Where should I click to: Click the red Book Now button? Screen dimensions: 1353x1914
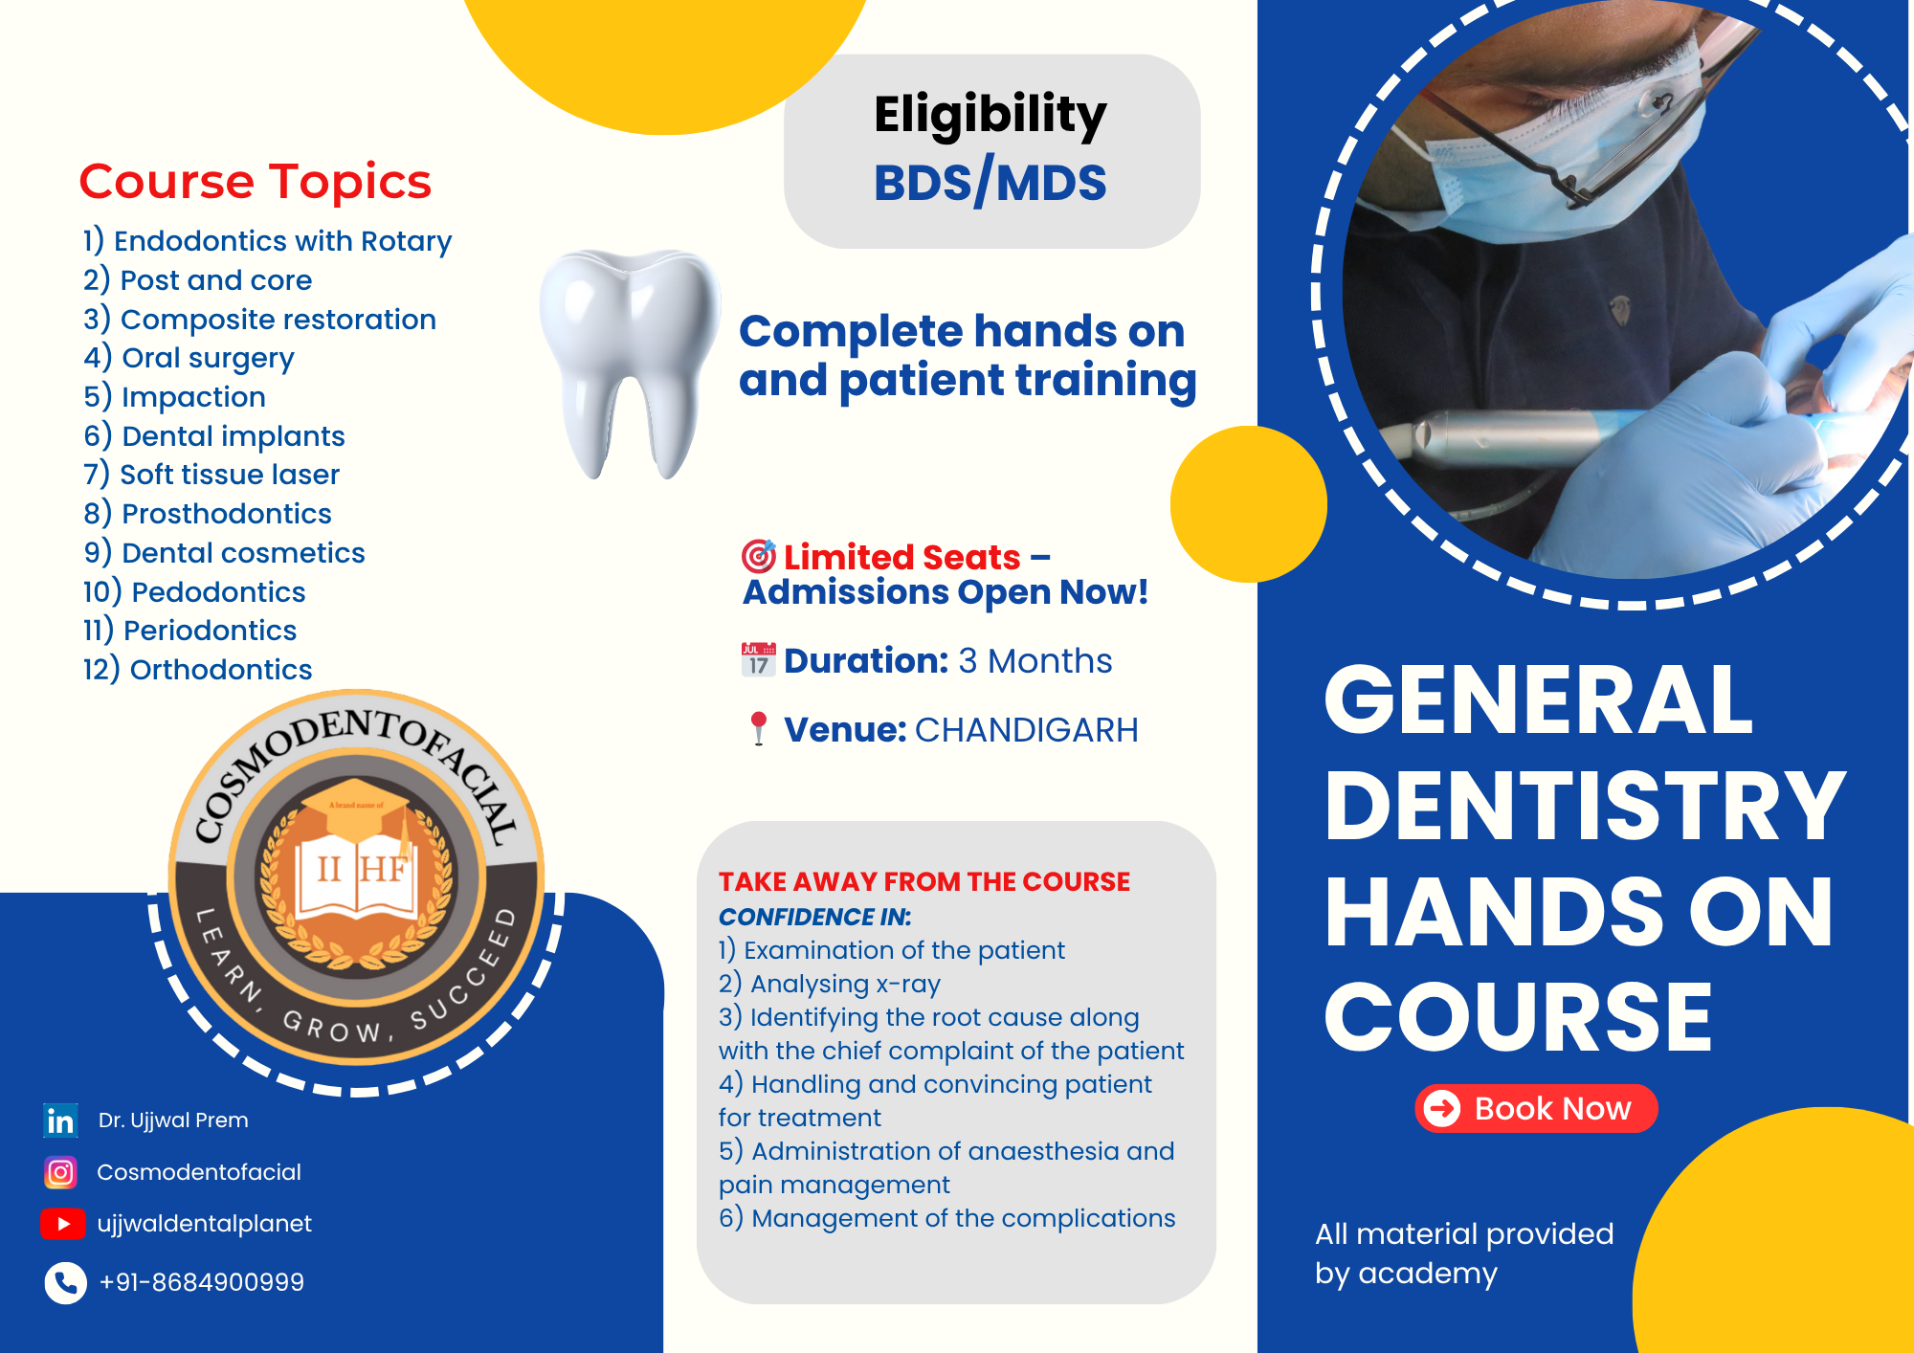(x=1536, y=1108)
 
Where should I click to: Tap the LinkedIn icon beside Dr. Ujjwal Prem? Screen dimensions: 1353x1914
(x=60, y=1120)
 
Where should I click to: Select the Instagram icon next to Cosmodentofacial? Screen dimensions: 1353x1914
(x=60, y=1172)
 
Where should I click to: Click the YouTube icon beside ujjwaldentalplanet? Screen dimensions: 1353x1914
(x=63, y=1224)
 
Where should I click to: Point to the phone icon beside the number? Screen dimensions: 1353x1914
(x=65, y=1283)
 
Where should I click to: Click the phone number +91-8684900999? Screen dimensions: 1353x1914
(x=202, y=1282)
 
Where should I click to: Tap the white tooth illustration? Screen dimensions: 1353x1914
(x=629, y=364)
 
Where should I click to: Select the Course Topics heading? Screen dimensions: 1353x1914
(x=255, y=181)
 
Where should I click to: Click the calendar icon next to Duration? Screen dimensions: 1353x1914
(x=759, y=660)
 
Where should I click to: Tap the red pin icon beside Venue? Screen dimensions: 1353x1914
(x=759, y=728)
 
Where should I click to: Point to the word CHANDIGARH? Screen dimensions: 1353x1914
(x=1027, y=730)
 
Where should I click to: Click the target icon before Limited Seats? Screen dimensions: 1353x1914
(x=759, y=556)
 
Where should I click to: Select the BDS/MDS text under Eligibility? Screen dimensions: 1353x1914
(x=990, y=183)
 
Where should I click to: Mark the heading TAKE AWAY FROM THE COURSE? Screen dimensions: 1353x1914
(x=924, y=881)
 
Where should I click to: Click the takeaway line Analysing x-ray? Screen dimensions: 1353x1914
(x=830, y=984)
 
